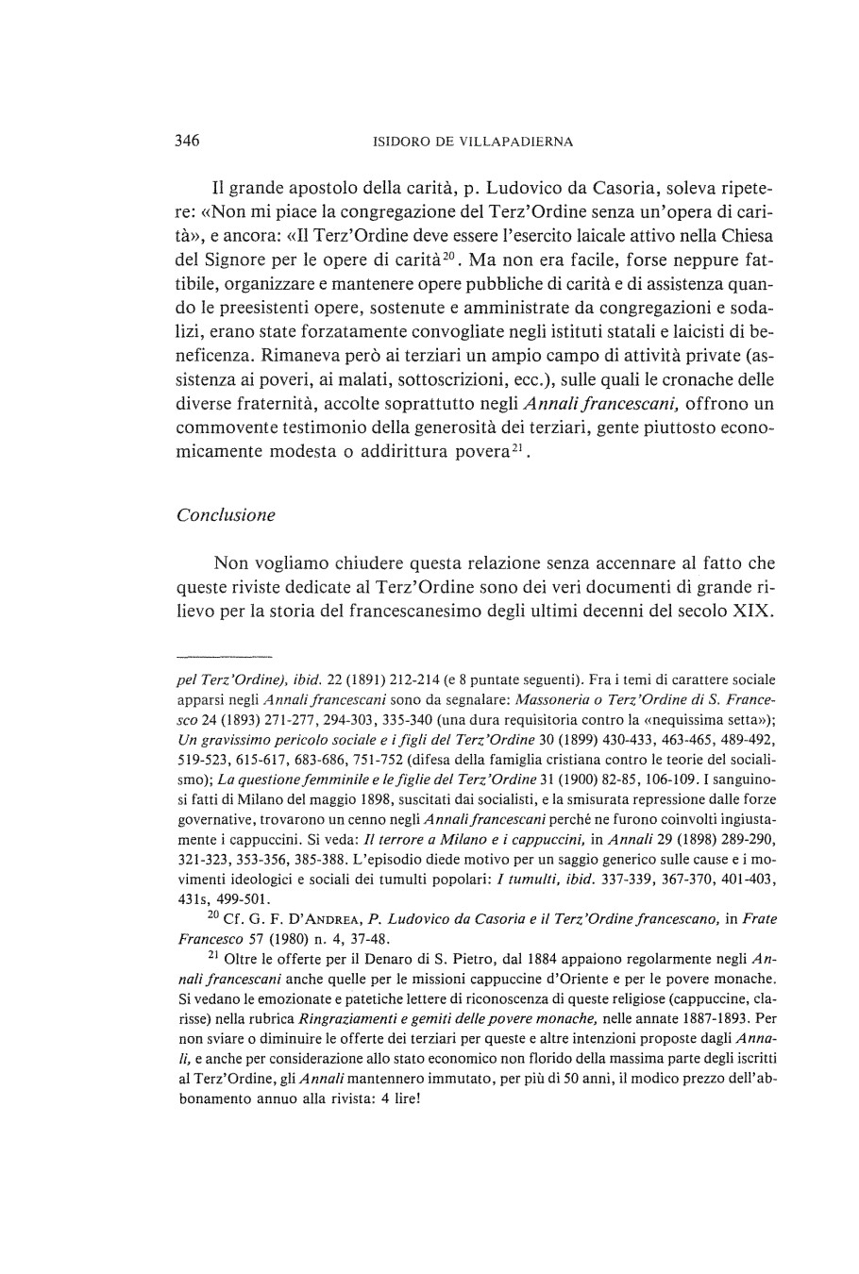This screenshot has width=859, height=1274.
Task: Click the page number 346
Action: click(x=187, y=142)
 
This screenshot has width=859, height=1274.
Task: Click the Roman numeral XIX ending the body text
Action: click(x=755, y=613)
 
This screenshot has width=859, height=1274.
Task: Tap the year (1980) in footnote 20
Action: click(x=275, y=938)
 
